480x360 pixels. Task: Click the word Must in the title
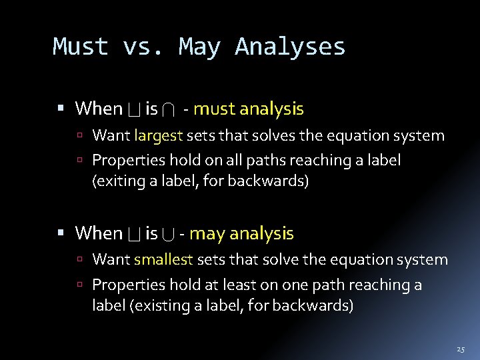click(x=80, y=47)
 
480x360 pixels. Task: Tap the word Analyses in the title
click(x=290, y=47)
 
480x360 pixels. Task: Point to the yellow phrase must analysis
click(x=248, y=109)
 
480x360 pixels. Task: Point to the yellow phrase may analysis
click(x=241, y=233)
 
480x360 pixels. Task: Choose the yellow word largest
click(x=158, y=136)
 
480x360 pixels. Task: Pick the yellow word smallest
click(x=163, y=260)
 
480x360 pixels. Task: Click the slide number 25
click(x=460, y=349)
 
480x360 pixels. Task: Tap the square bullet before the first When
click(x=61, y=108)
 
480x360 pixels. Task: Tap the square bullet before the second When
click(x=61, y=233)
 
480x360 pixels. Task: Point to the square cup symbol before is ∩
click(x=133, y=109)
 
